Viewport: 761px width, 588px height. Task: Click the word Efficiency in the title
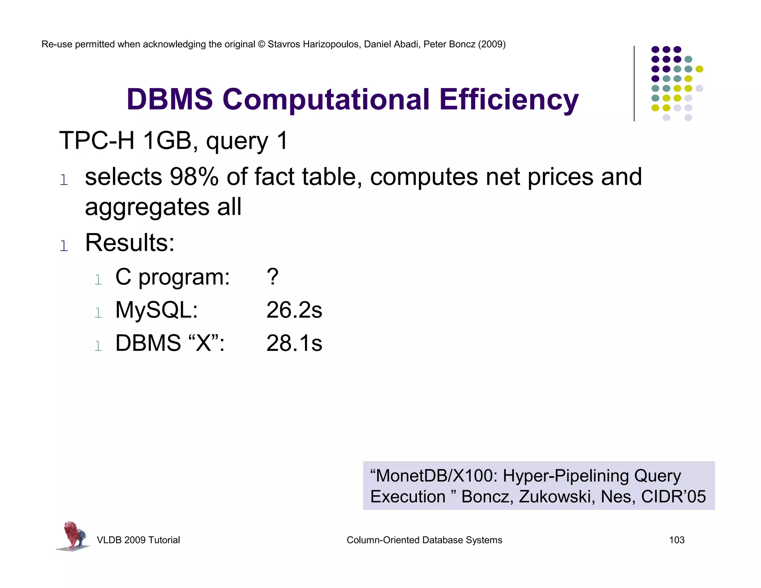click(509, 100)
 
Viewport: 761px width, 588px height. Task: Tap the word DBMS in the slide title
click(169, 100)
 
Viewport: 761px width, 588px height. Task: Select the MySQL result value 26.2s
click(294, 310)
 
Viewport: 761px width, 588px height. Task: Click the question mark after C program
click(272, 277)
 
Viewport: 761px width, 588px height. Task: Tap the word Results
click(130, 243)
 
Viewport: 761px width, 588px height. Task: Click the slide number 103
click(676, 540)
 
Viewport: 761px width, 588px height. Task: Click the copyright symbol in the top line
click(261, 44)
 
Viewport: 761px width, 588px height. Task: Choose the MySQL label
click(156, 310)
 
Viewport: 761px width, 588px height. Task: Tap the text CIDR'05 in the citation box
click(673, 497)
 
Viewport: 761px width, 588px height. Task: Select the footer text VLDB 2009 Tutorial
click(138, 540)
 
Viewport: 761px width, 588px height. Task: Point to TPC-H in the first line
click(97, 141)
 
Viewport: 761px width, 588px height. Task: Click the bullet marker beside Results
click(64, 246)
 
